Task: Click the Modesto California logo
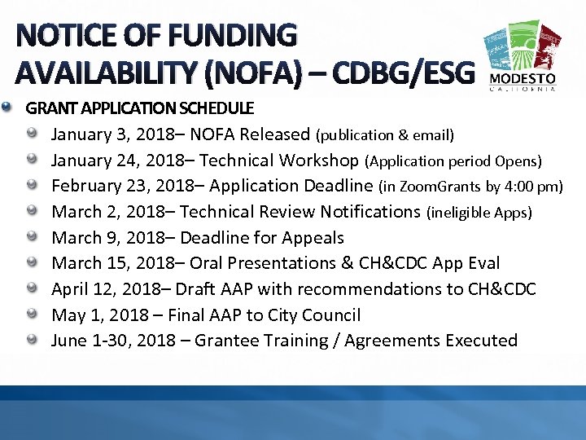tap(523, 57)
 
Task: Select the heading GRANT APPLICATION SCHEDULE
tap(140, 108)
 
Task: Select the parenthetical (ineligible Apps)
tap(479, 213)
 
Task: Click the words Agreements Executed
tap(431, 341)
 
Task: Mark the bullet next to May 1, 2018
tap(32, 314)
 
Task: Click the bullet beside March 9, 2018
tap(32, 236)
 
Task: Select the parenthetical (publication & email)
tap(385, 134)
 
